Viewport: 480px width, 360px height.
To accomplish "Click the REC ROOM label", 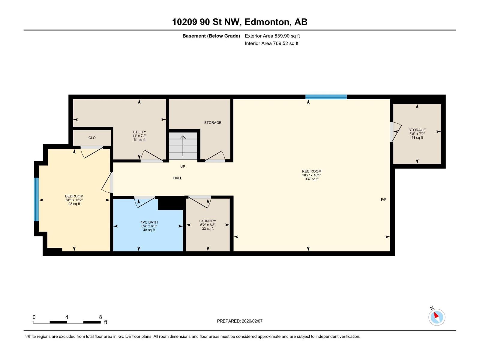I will click(311, 171).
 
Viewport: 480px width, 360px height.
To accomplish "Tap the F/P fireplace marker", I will click(383, 199).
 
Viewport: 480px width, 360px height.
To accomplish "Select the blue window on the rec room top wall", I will click(326, 97).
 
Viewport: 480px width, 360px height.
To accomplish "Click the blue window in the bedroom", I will click(36, 199).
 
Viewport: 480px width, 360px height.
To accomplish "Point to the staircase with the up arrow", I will click(183, 146).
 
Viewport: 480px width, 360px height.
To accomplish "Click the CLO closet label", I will click(92, 138).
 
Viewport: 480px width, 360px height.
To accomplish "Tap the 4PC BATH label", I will click(149, 222).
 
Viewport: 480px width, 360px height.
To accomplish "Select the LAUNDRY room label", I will click(208, 221).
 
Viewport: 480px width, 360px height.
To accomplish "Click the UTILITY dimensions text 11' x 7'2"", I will click(139, 136).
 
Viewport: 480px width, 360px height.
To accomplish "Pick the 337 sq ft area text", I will click(311, 179).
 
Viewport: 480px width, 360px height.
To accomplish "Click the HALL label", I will click(178, 178).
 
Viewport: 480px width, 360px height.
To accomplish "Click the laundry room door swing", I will click(199, 202).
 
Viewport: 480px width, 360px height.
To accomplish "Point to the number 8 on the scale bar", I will click(100, 317).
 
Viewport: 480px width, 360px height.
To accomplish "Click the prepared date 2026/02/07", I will click(252, 321).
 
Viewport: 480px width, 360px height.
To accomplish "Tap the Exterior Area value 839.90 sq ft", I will click(287, 36).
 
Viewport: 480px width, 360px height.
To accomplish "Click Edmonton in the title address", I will click(267, 22).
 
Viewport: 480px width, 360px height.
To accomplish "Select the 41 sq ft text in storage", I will click(417, 138).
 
